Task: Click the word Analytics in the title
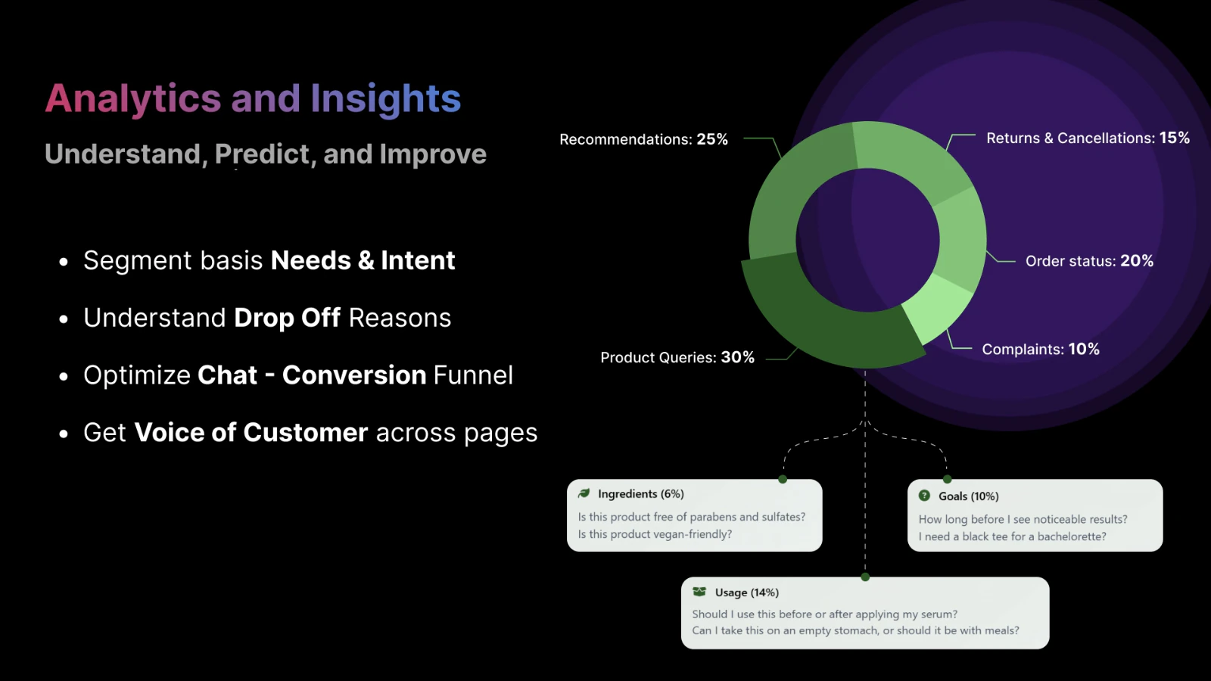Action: pyautogui.click(x=133, y=99)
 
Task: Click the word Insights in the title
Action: pyautogui.click(x=385, y=99)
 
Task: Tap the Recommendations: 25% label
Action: pyautogui.click(x=643, y=139)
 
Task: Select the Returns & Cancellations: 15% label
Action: pyautogui.click(x=1088, y=138)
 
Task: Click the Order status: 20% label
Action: pyautogui.click(x=1089, y=261)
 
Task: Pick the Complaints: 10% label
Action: pyautogui.click(x=1041, y=349)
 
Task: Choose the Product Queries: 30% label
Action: pyautogui.click(x=677, y=357)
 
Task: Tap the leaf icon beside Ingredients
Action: pyautogui.click(x=584, y=493)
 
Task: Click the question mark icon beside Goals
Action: pyautogui.click(x=924, y=496)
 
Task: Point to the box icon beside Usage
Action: pyautogui.click(x=699, y=592)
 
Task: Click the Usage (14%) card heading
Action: pyautogui.click(x=746, y=592)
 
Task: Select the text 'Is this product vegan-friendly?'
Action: pyautogui.click(x=655, y=534)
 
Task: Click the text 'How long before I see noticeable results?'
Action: pyautogui.click(x=1023, y=519)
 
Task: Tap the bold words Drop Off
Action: pyautogui.click(x=287, y=318)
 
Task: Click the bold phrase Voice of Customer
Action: pyautogui.click(x=251, y=432)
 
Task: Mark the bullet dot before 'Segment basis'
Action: pyautogui.click(x=64, y=262)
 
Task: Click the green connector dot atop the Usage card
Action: pyautogui.click(x=865, y=577)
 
